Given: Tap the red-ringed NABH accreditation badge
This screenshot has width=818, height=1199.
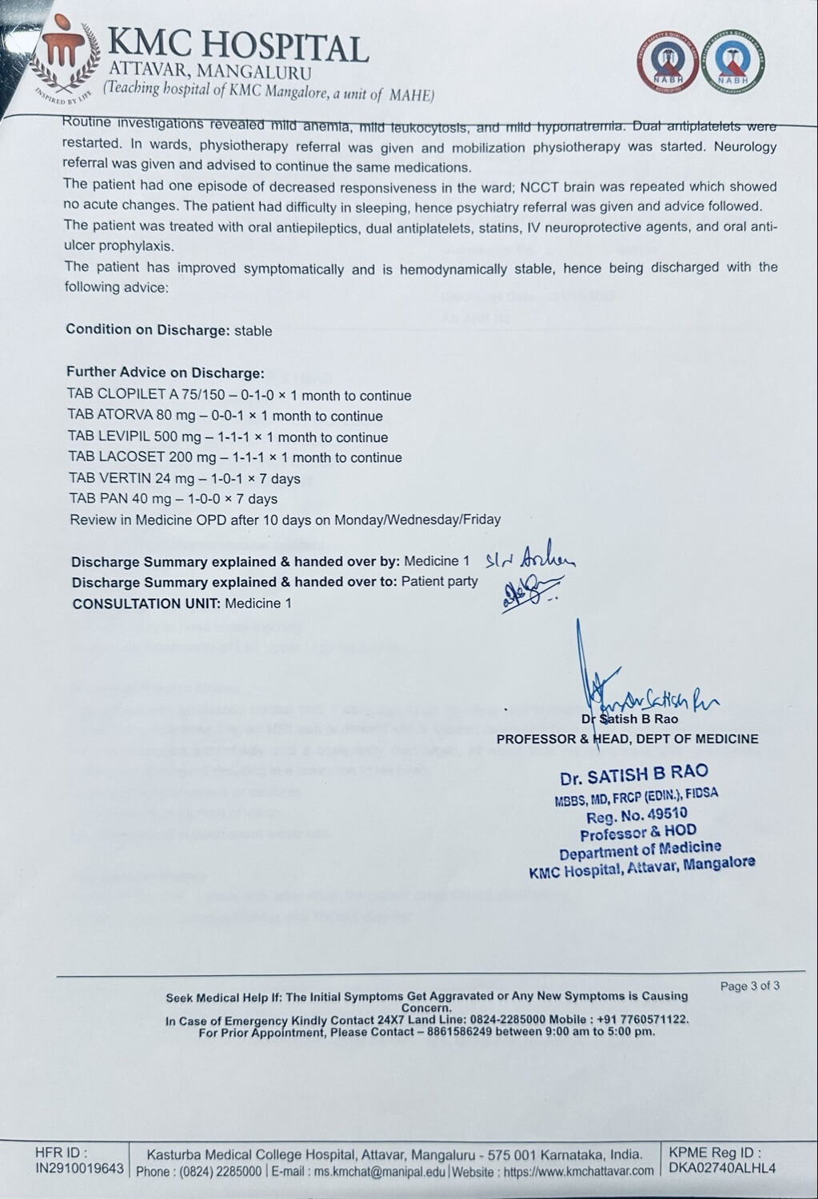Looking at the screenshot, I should pos(672,62).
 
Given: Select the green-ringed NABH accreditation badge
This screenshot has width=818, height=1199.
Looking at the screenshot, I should pos(730,62).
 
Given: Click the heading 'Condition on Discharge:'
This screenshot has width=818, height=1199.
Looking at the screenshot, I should pos(148,329).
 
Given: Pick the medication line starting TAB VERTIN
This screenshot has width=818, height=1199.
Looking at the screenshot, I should pos(185,479).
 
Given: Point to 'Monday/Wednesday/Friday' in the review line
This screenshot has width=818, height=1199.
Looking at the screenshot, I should pos(417,520).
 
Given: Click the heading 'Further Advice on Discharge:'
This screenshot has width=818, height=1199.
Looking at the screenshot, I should pos(165,372).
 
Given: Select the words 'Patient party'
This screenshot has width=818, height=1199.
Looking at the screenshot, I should pos(439,582).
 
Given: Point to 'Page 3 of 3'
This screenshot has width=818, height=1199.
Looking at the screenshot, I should pos(749,986).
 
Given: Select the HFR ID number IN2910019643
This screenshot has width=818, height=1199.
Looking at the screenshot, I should pos(79,1169).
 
